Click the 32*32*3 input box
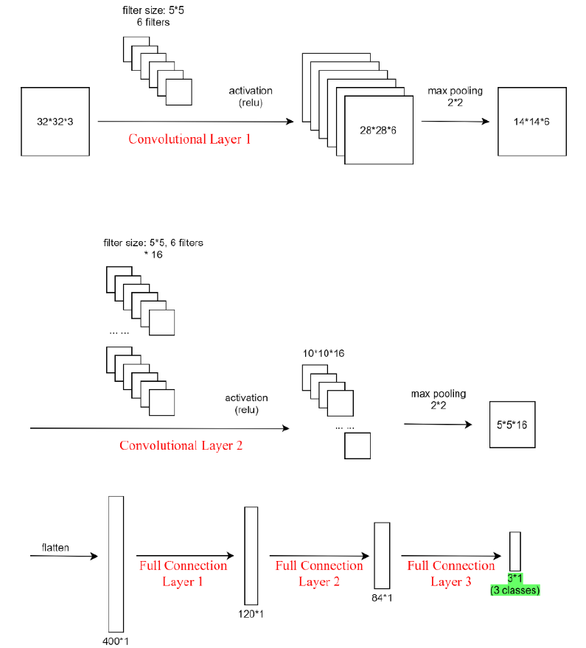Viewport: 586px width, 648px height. (55, 121)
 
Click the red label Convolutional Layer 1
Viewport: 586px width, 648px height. (189, 139)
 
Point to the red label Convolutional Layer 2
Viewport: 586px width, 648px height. (181, 445)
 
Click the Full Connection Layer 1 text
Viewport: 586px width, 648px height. (183, 574)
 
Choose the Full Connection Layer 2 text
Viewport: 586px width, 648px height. (318, 574)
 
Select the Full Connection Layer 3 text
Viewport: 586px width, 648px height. (451, 574)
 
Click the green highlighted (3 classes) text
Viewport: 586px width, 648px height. (515, 590)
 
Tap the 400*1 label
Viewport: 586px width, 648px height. (115, 640)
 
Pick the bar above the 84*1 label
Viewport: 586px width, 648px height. (381, 554)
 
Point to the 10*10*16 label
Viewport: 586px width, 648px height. (324, 353)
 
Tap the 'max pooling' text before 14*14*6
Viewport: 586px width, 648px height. (455, 91)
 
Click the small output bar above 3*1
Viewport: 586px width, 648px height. (515, 551)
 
